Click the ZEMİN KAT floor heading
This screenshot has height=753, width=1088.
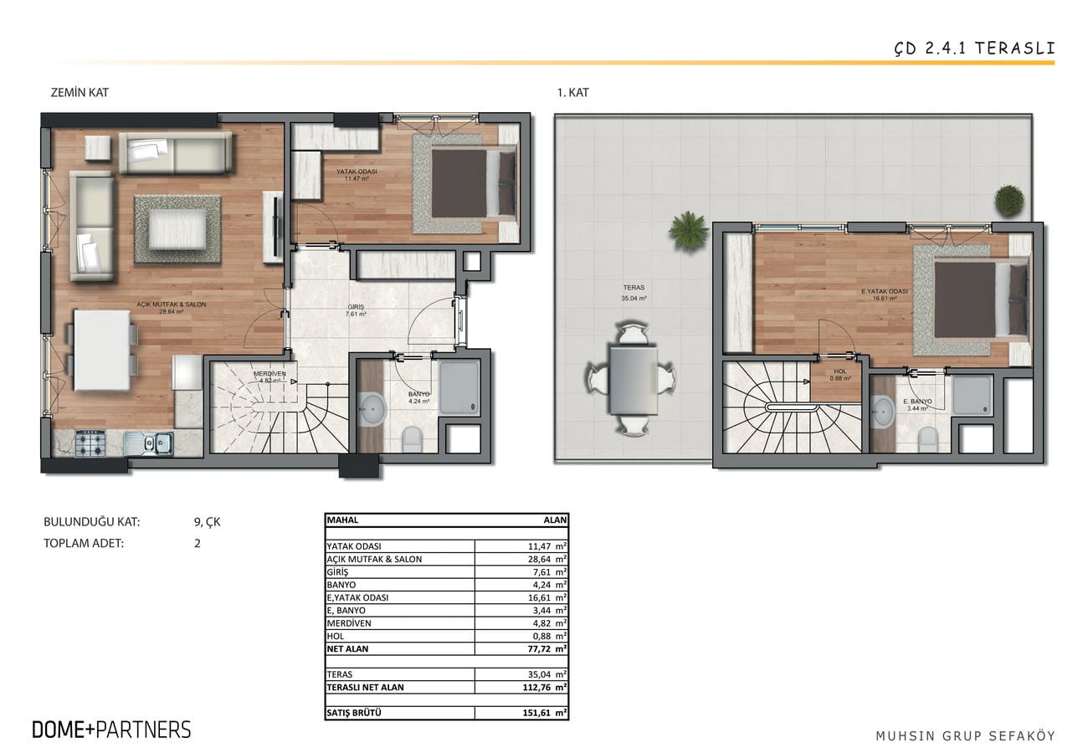80,92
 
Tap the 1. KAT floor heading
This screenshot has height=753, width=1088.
572,92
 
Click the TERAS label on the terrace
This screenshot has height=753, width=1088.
634,288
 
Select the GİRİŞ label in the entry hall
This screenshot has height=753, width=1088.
356,307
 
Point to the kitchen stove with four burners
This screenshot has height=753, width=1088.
90,443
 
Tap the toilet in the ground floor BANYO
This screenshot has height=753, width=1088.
413,439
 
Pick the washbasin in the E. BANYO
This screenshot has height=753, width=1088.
882,411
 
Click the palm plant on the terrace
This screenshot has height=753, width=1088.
688,231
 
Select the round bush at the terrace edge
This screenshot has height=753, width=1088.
1010,200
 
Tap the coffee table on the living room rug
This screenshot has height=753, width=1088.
177,229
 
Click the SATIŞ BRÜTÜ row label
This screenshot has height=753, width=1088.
353,713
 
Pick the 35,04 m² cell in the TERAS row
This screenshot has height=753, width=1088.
547,674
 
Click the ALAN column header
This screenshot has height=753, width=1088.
555,520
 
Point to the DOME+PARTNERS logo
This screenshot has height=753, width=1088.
111,730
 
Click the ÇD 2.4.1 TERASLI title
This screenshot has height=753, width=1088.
975,49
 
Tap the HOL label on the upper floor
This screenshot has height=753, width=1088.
839,371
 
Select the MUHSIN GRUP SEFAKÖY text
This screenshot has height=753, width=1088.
966,735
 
